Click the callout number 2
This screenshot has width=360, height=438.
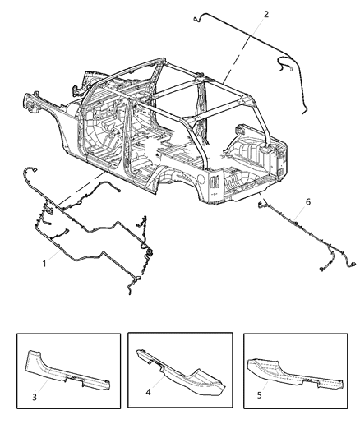pyautogui.click(x=265, y=14)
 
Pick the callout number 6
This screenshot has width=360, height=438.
pyautogui.click(x=307, y=201)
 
